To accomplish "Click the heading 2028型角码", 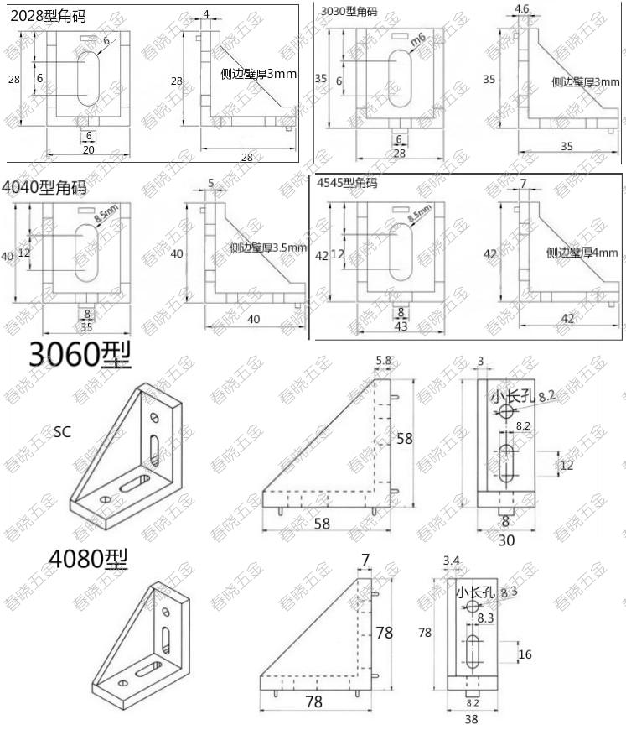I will click(48, 15).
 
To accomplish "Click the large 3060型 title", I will click(80, 356).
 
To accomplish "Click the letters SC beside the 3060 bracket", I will click(62, 432).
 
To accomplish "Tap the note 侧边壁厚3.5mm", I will click(268, 248).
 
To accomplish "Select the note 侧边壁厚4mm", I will click(582, 253).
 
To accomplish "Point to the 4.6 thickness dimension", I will click(521, 9).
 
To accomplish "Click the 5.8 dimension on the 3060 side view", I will click(383, 361).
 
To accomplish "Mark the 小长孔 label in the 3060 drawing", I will click(512, 396).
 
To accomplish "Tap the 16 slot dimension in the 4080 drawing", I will click(525, 654).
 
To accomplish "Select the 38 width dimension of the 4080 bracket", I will click(472, 718).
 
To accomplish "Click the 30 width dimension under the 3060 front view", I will click(505, 541).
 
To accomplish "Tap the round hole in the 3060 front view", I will click(505, 410).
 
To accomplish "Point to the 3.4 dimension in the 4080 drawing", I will click(451, 560).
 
